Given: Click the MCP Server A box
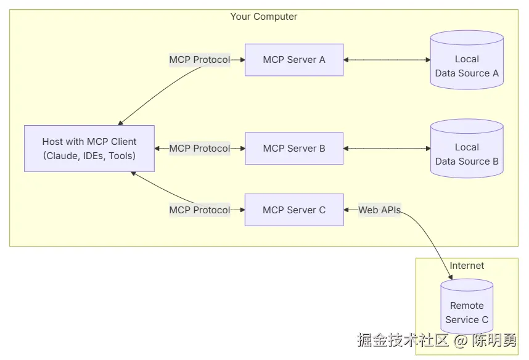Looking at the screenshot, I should click(x=294, y=60).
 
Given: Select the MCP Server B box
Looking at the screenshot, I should click(x=294, y=149).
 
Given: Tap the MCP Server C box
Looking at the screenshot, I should click(x=294, y=210).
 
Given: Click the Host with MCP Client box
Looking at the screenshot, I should click(x=89, y=149).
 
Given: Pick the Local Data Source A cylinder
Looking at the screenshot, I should click(x=467, y=67).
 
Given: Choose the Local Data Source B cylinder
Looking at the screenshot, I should click(x=467, y=155).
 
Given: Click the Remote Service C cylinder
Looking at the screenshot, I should click(x=467, y=313).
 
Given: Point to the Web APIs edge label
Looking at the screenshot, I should click(x=380, y=210).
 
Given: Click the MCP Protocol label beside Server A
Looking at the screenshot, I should click(x=199, y=60).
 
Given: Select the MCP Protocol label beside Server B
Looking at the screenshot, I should click(x=199, y=149).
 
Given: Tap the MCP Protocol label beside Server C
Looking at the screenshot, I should click(x=199, y=210).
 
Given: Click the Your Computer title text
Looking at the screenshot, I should click(x=264, y=17).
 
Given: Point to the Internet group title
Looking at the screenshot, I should click(x=467, y=266).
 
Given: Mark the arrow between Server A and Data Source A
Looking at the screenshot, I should click(x=387, y=60).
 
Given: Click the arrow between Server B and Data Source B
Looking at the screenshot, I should click(x=387, y=149).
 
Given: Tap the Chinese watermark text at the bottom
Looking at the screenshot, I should click(x=437, y=340).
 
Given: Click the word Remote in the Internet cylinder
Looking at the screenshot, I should click(x=467, y=306).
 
